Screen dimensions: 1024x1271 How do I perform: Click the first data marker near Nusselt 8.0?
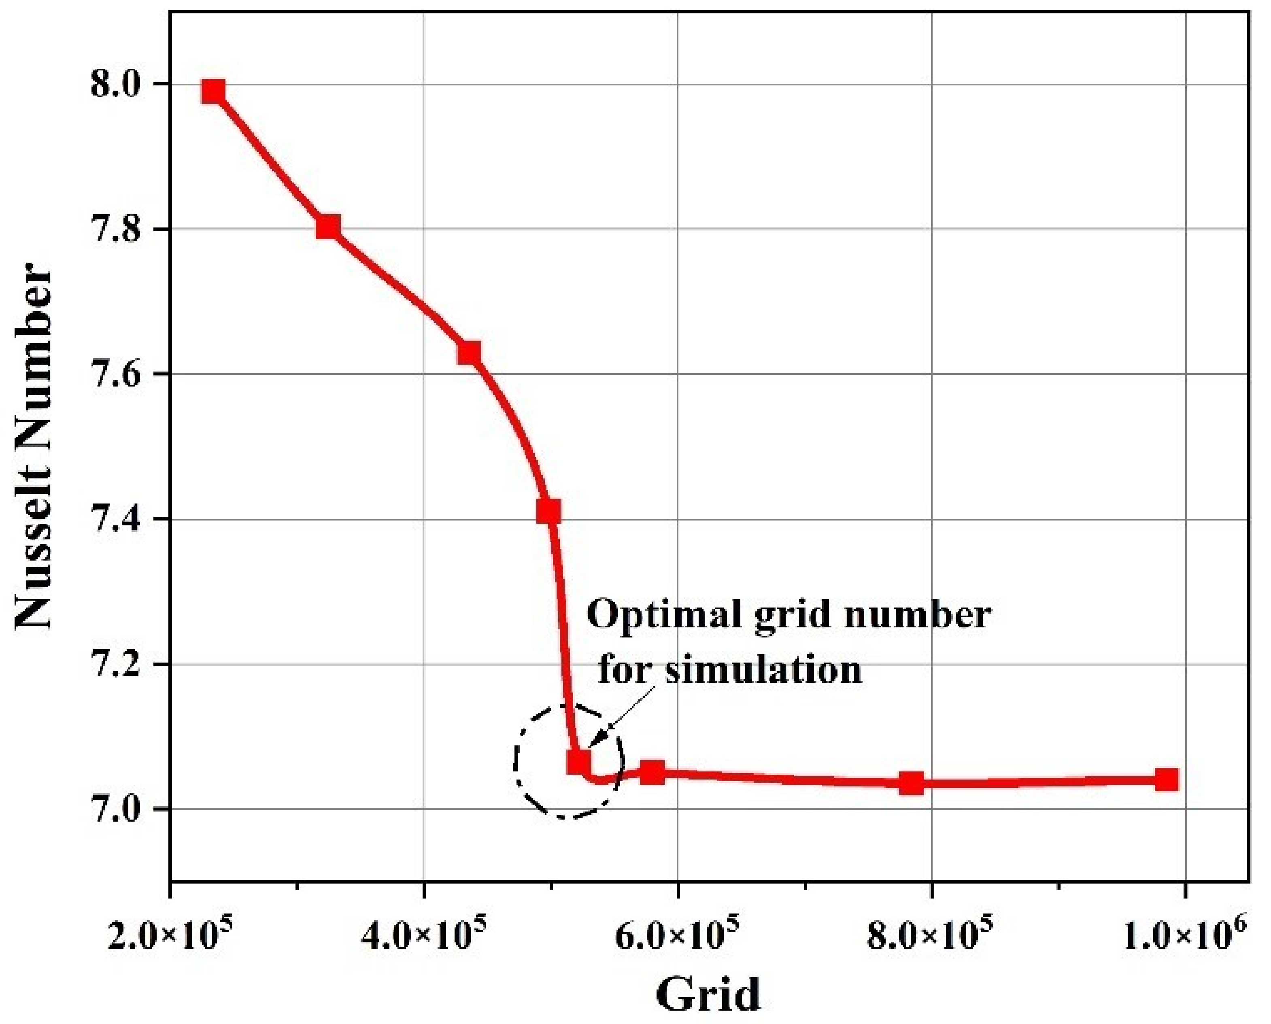pyautogui.click(x=213, y=92)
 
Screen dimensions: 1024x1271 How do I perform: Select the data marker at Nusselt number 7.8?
pyautogui.click(x=328, y=227)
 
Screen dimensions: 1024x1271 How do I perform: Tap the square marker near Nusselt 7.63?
pyautogui.click(x=469, y=353)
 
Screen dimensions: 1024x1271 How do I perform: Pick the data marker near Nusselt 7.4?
pyautogui.click(x=548, y=512)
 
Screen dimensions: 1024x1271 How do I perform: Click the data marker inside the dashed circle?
pyautogui.click(x=578, y=761)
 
